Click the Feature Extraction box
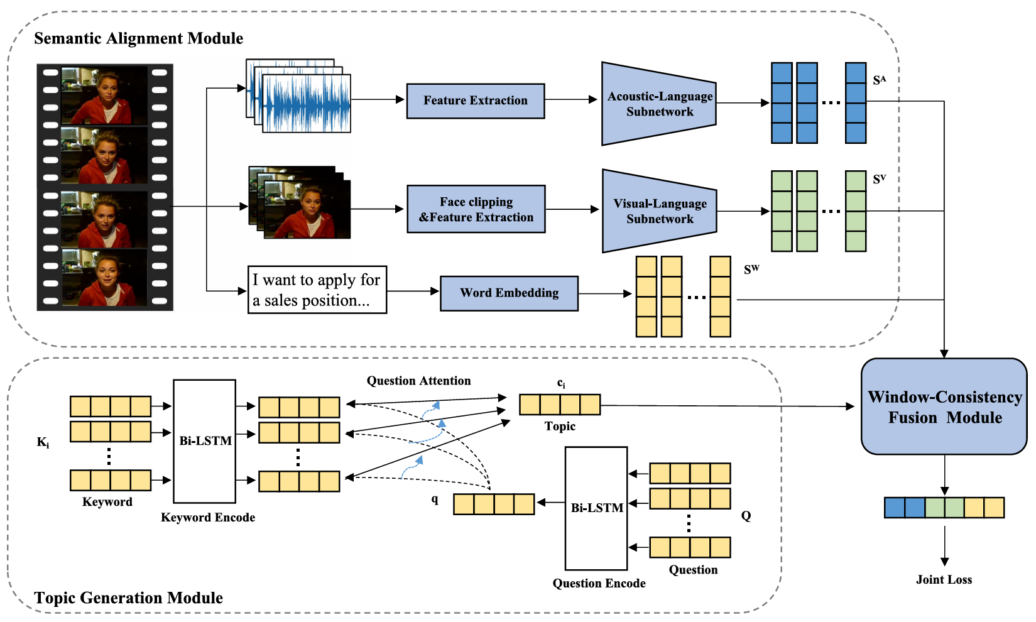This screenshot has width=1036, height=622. (x=475, y=101)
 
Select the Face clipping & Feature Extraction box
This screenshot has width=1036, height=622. (x=476, y=209)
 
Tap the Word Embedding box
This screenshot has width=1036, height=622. (x=509, y=293)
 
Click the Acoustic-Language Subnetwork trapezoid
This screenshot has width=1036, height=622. (x=658, y=104)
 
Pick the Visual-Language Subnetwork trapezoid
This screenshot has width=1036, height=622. (x=659, y=211)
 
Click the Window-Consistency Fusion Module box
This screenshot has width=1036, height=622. (x=944, y=406)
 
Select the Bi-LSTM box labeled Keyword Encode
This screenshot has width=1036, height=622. (x=205, y=441)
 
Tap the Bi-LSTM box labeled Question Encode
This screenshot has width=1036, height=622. (x=596, y=508)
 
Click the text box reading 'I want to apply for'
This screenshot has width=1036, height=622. (x=317, y=290)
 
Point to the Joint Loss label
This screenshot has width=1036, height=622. (x=944, y=579)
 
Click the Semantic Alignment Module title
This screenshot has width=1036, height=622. (x=138, y=38)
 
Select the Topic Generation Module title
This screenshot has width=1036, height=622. (x=128, y=597)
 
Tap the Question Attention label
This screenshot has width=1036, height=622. (x=418, y=381)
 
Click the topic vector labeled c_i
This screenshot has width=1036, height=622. (x=559, y=405)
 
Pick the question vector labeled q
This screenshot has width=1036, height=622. (x=494, y=504)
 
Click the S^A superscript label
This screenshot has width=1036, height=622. (x=879, y=80)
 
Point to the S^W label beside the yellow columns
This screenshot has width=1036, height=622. (x=751, y=270)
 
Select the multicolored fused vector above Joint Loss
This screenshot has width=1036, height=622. (x=944, y=508)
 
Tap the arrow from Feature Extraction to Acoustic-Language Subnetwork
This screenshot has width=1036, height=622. (x=570, y=99)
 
